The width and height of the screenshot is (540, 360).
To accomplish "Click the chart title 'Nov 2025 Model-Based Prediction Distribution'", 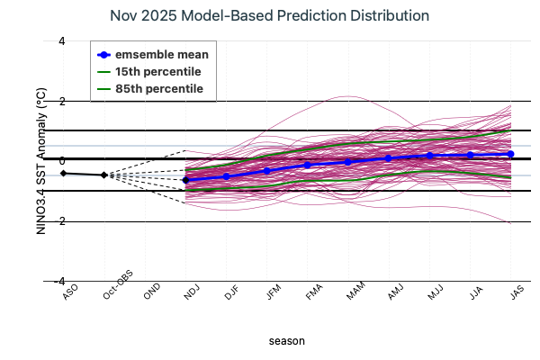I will [x=269, y=16].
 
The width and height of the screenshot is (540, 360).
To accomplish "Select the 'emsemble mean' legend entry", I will [x=162, y=54].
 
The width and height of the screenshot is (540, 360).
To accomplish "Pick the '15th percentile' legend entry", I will [x=157, y=71].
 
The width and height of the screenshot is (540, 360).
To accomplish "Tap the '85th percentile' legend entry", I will [x=157, y=88].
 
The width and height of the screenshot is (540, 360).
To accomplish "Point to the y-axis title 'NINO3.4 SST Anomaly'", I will [x=40, y=162].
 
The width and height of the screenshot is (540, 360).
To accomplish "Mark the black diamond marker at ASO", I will [x=63, y=173].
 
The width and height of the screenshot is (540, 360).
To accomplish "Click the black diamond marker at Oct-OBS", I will [x=103, y=175].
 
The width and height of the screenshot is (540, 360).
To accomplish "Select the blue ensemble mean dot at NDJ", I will [x=185, y=180].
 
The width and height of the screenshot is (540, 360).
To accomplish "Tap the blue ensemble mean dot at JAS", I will [x=511, y=154].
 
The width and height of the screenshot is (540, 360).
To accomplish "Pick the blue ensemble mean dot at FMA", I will [x=308, y=165].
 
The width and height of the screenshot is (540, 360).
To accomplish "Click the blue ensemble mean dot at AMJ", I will [x=389, y=157].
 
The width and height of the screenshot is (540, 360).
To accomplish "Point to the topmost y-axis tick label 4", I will [x=61, y=41].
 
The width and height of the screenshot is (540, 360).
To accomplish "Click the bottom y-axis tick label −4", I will [x=59, y=281].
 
